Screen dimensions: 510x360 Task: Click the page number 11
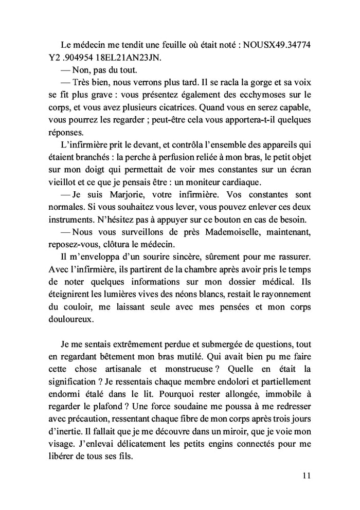pos(307,475)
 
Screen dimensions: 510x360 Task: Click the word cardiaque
pos(258,182)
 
